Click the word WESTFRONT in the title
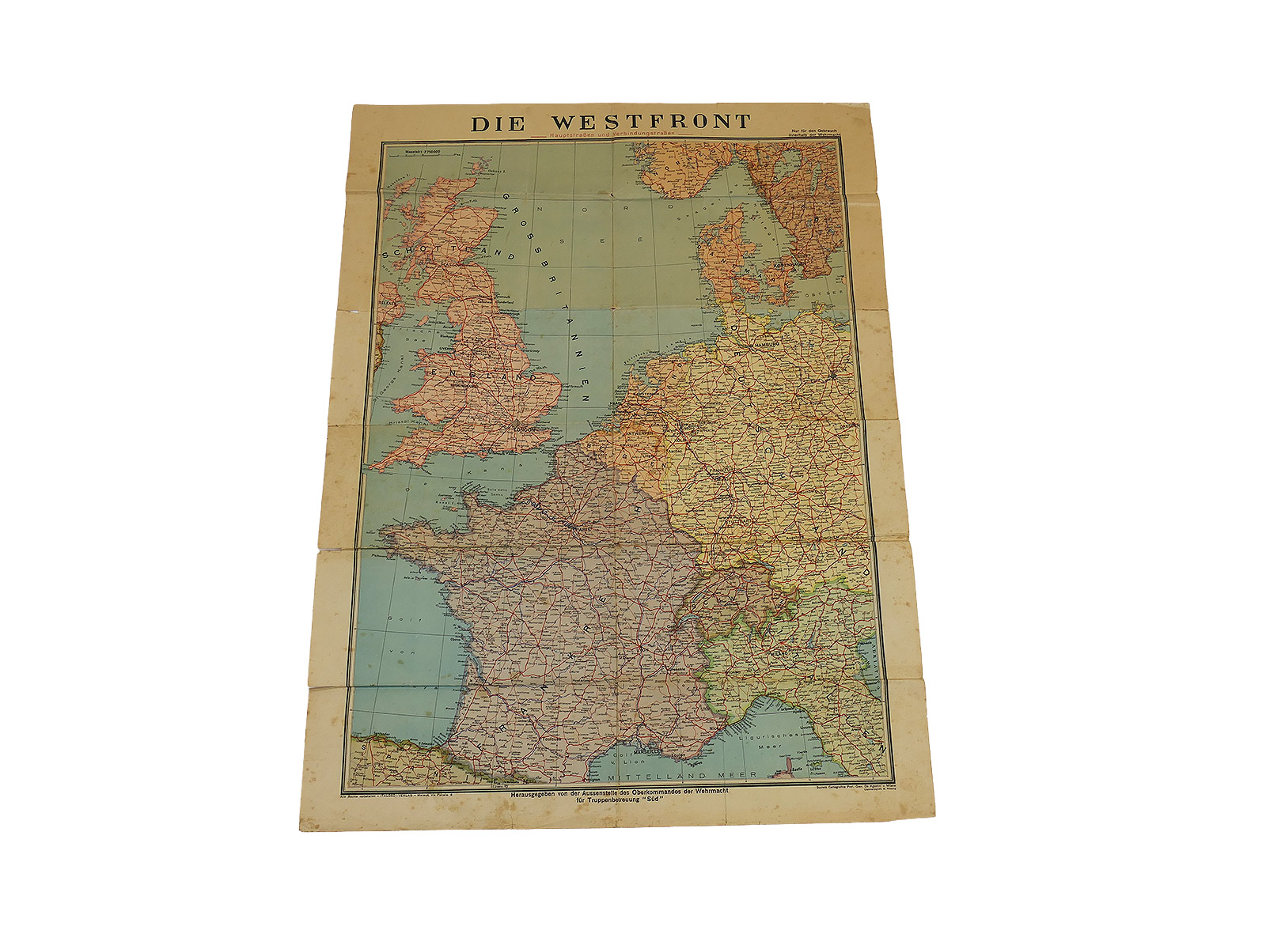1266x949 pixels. (650, 123)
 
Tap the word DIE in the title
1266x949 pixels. (502, 124)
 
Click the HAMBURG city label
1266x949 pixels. (765, 346)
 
